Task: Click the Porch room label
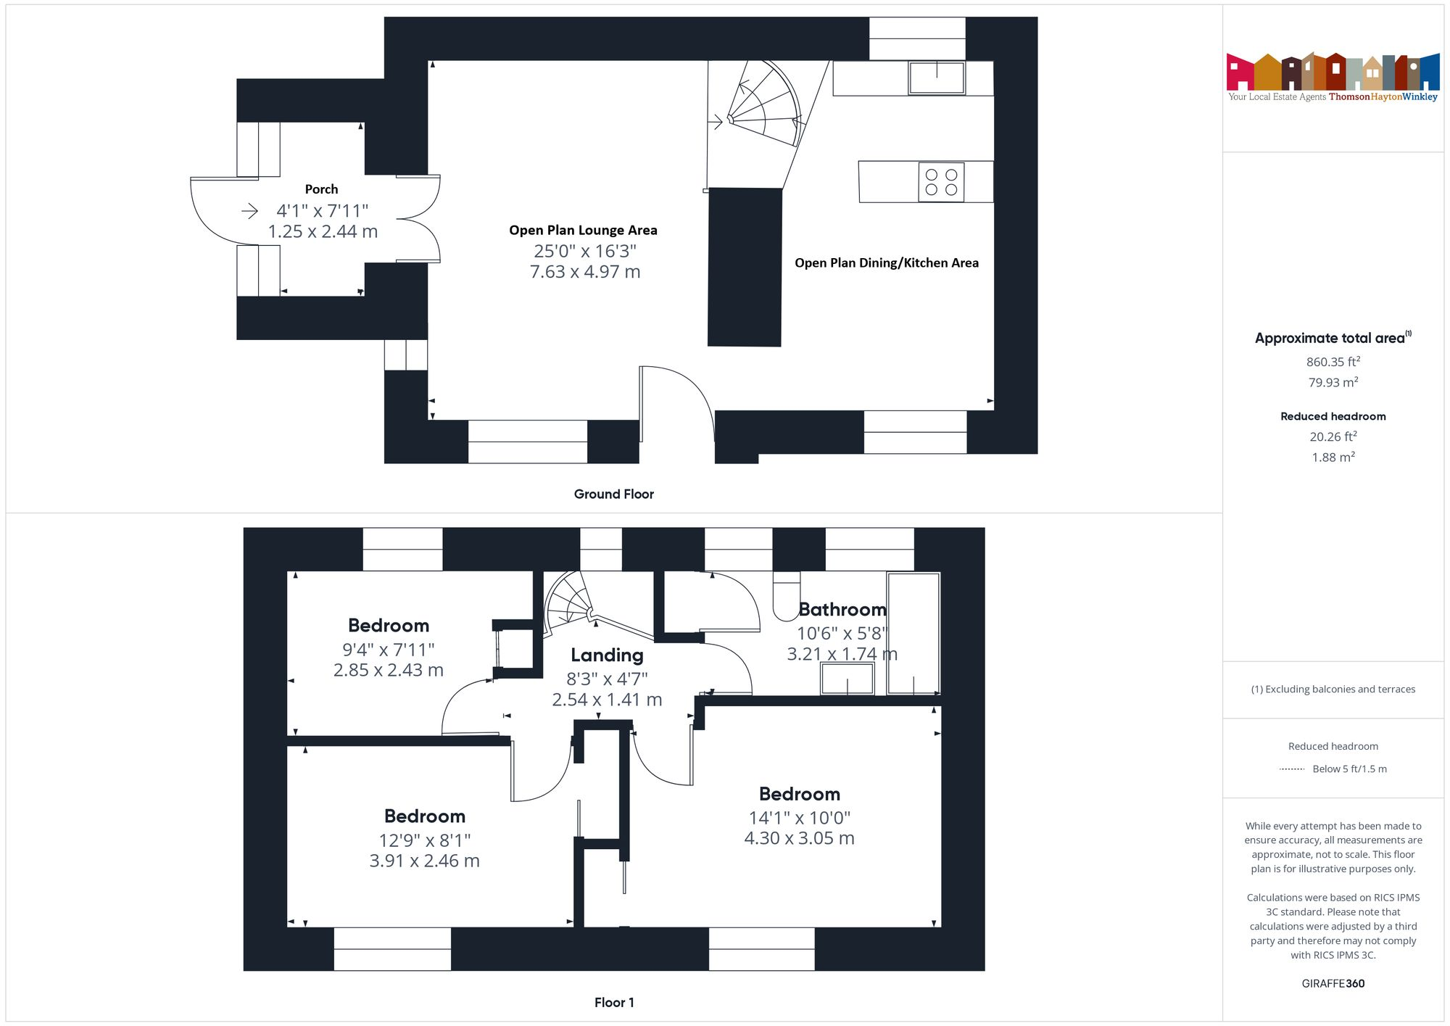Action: (321, 189)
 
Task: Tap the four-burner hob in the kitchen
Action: (941, 182)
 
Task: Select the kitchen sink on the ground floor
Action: (937, 77)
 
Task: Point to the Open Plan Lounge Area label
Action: (583, 231)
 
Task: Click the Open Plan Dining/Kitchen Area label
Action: (886, 263)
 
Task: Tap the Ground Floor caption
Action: (613, 495)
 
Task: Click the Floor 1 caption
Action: (613, 1003)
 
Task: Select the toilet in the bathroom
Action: (786, 597)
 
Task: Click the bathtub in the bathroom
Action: (913, 633)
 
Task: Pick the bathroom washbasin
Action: (847, 679)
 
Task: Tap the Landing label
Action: (607, 655)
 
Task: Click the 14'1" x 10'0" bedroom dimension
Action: (799, 818)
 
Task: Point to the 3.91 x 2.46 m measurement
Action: (424, 861)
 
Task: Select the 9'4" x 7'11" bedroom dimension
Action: (388, 650)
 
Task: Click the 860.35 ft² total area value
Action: (1333, 362)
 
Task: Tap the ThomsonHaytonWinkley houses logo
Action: (1333, 73)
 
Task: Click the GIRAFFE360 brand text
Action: (1333, 984)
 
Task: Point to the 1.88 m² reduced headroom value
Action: (1333, 458)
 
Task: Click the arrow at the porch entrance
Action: (249, 211)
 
